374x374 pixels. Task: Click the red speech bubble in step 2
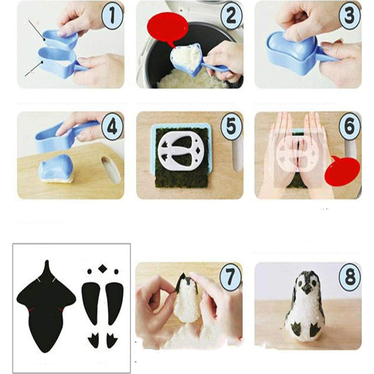pyautogui.click(x=168, y=30)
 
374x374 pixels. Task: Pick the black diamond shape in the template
pyautogui.click(x=102, y=269)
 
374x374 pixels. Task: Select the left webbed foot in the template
pyautogui.click(x=93, y=340)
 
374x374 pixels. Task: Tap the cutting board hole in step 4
pyautogui.click(x=110, y=169)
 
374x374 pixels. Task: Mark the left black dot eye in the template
pyautogui.click(x=89, y=271)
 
